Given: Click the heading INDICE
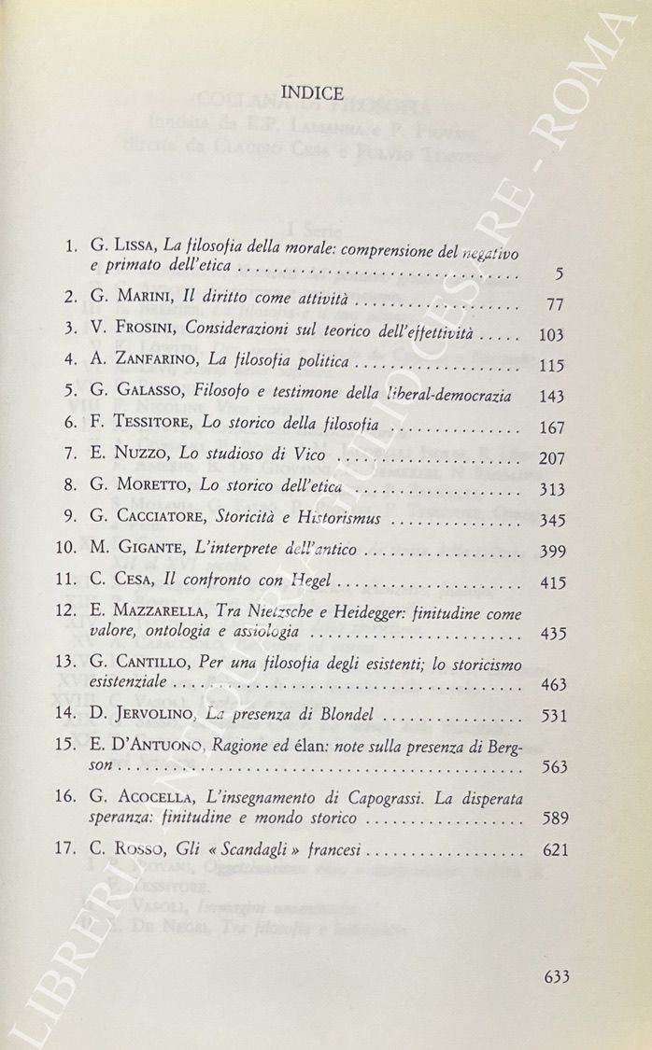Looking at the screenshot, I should point(313,92).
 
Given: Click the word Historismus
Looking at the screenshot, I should point(331,519).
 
